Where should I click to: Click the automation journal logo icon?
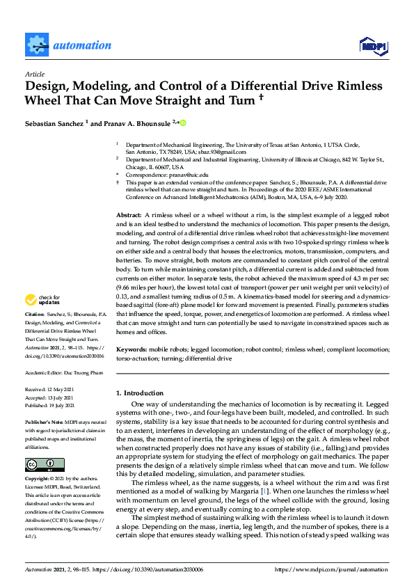coord(37,45)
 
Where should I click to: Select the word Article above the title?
coord(34,74)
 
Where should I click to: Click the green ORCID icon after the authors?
coord(184,123)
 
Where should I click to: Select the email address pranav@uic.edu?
coord(186,175)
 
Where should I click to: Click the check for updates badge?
coord(42,319)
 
